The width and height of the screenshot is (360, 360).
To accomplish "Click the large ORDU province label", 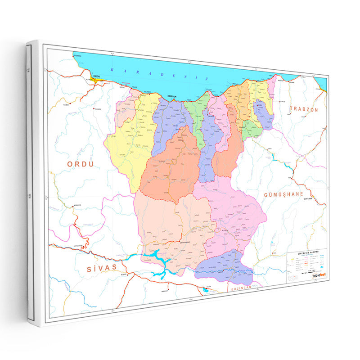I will [81, 164].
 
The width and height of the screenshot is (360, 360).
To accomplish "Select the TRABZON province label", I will [304, 109].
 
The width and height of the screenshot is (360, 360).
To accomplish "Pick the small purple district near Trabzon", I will [263, 112].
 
